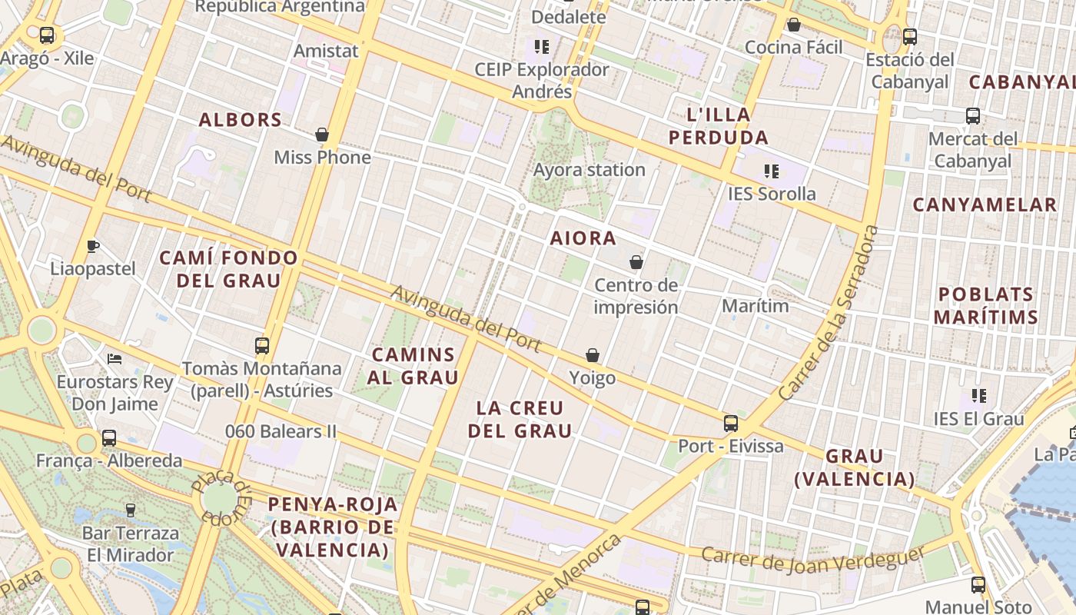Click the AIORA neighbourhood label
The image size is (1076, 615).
(x=583, y=238)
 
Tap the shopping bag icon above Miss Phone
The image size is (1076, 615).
(x=322, y=135)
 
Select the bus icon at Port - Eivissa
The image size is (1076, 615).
(x=730, y=424)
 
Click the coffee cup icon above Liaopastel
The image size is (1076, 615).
(x=92, y=246)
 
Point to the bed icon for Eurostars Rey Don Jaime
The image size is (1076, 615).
(x=115, y=358)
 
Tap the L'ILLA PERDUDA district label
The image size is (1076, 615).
(x=718, y=126)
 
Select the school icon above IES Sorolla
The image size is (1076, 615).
(x=771, y=171)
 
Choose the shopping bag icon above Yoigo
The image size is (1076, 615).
(x=593, y=355)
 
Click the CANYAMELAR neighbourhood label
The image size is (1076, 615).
(x=985, y=204)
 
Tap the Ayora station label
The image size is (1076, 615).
(x=589, y=170)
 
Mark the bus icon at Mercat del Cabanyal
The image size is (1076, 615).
(x=973, y=116)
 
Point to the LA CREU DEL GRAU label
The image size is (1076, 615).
(x=520, y=419)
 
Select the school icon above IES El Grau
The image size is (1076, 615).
(x=978, y=396)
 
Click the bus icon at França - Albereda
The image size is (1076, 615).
(x=109, y=438)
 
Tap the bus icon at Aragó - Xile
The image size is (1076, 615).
(x=47, y=35)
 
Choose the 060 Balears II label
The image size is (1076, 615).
(x=281, y=431)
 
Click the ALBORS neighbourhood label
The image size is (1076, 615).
(x=241, y=120)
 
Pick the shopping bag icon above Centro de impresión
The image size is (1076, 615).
(x=636, y=262)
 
